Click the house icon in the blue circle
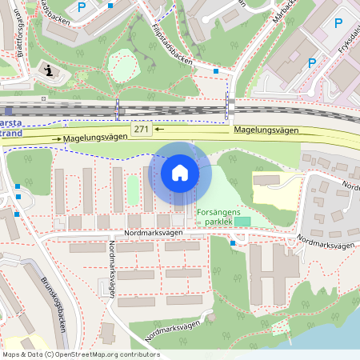[x=180, y=173]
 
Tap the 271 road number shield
[x=142, y=129]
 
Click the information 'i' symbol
[x=50, y=70]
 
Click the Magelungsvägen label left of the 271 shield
[x=96, y=138]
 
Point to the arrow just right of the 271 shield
[x=159, y=129]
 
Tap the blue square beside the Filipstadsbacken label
[x=216, y=71]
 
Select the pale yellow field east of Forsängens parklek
[x=276, y=188]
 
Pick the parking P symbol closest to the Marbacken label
[x=312, y=62]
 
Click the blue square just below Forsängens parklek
[x=232, y=242]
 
